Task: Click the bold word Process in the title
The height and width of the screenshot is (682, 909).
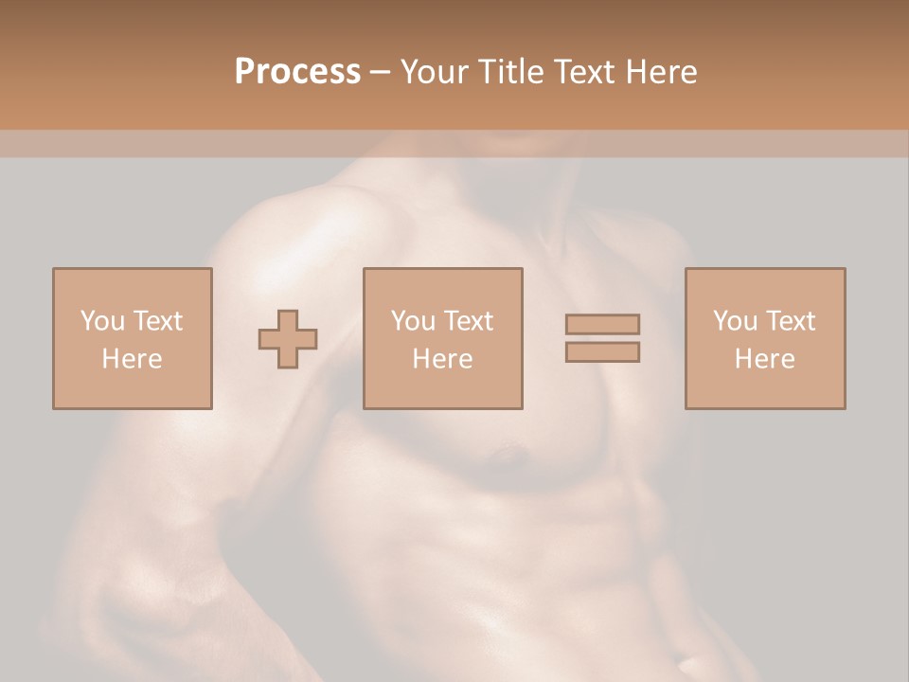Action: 297,72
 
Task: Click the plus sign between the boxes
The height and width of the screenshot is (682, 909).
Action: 288,338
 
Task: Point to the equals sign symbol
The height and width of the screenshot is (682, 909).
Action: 602,338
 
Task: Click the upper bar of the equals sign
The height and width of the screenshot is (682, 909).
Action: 602,324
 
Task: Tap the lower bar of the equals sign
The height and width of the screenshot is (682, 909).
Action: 602,351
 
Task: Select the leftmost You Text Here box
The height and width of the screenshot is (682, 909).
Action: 133,338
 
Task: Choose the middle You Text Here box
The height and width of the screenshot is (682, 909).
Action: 442,338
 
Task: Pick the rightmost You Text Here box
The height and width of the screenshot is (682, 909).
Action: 765,338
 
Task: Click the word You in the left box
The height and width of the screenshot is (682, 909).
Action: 102,321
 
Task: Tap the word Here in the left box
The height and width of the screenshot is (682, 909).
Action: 133,359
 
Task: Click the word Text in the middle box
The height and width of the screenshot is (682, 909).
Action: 468,321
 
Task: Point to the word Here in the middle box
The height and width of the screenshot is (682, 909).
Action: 442,359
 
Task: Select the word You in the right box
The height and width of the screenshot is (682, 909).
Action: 735,321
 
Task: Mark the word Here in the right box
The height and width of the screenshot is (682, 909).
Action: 765,359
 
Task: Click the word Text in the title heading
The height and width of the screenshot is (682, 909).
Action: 586,72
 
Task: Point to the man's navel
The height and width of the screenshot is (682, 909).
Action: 688,667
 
